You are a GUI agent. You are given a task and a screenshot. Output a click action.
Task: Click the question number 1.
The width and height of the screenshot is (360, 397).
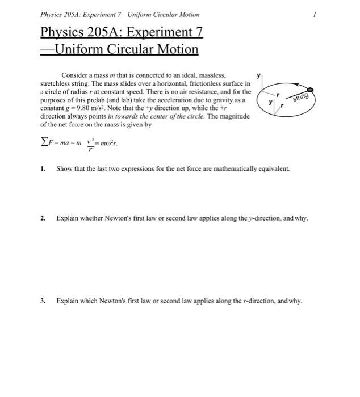click(x=43, y=168)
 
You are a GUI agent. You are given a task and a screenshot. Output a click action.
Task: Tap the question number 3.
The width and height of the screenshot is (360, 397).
click(x=43, y=301)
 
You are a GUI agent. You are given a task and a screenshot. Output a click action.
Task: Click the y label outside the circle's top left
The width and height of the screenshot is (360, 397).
click(x=259, y=74)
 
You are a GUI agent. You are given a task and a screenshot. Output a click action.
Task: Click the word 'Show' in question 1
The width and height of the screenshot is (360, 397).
click(x=64, y=168)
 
